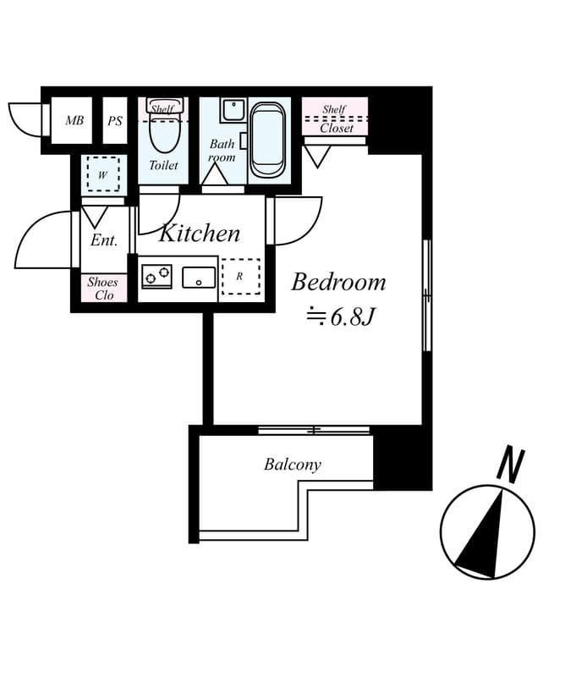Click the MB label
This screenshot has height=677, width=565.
coord(74,121)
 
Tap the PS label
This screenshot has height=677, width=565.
coord(115,121)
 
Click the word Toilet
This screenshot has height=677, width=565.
coord(163,165)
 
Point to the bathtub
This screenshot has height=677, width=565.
coord(269,139)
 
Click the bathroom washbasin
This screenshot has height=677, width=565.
coord(233,111)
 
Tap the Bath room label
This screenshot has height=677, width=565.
coord(222,150)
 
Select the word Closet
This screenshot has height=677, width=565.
coord(337,129)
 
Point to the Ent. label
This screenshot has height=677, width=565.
coord(104,241)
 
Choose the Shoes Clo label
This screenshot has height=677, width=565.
coord(103,289)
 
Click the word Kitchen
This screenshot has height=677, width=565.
coord(200,233)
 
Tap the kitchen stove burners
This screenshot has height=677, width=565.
coord(156,276)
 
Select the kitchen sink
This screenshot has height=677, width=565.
coord(199,277)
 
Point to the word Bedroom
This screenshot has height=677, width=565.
coord(338,282)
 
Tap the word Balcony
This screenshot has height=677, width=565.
coord(293,465)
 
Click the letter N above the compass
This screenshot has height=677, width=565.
coord(510,465)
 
